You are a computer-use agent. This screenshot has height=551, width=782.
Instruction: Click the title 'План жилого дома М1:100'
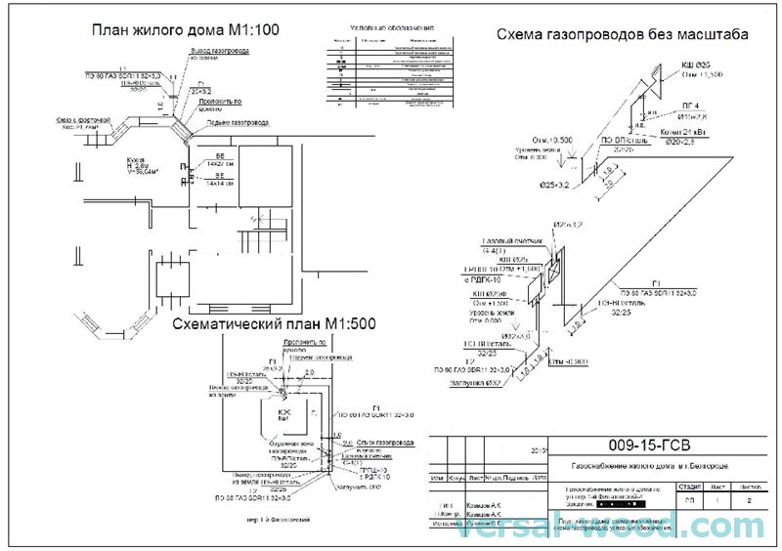[x=187, y=30]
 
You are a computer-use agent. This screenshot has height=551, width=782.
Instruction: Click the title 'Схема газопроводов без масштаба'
[x=623, y=34]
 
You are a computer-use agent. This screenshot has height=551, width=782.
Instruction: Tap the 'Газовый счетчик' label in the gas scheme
[x=505, y=241]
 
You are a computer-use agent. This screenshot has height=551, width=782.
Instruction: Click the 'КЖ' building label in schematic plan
[x=285, y=413]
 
